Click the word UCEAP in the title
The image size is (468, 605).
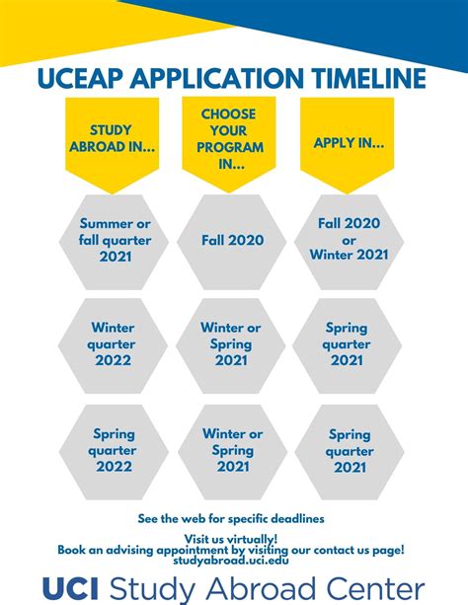pyautogui.click(x=83, y=78)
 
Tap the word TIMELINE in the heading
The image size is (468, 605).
pyautogui.click(x=365, y=78)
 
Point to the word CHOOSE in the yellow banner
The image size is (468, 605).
pyautogui.click(x=228, y=114)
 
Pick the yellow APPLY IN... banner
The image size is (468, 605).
pyautogui.click(x=349, y=143)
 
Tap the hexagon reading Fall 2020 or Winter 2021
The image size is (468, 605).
pyautogui.click(x=349, y=239)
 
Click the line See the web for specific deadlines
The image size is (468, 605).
pyautogui.click(x=232, y=518)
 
